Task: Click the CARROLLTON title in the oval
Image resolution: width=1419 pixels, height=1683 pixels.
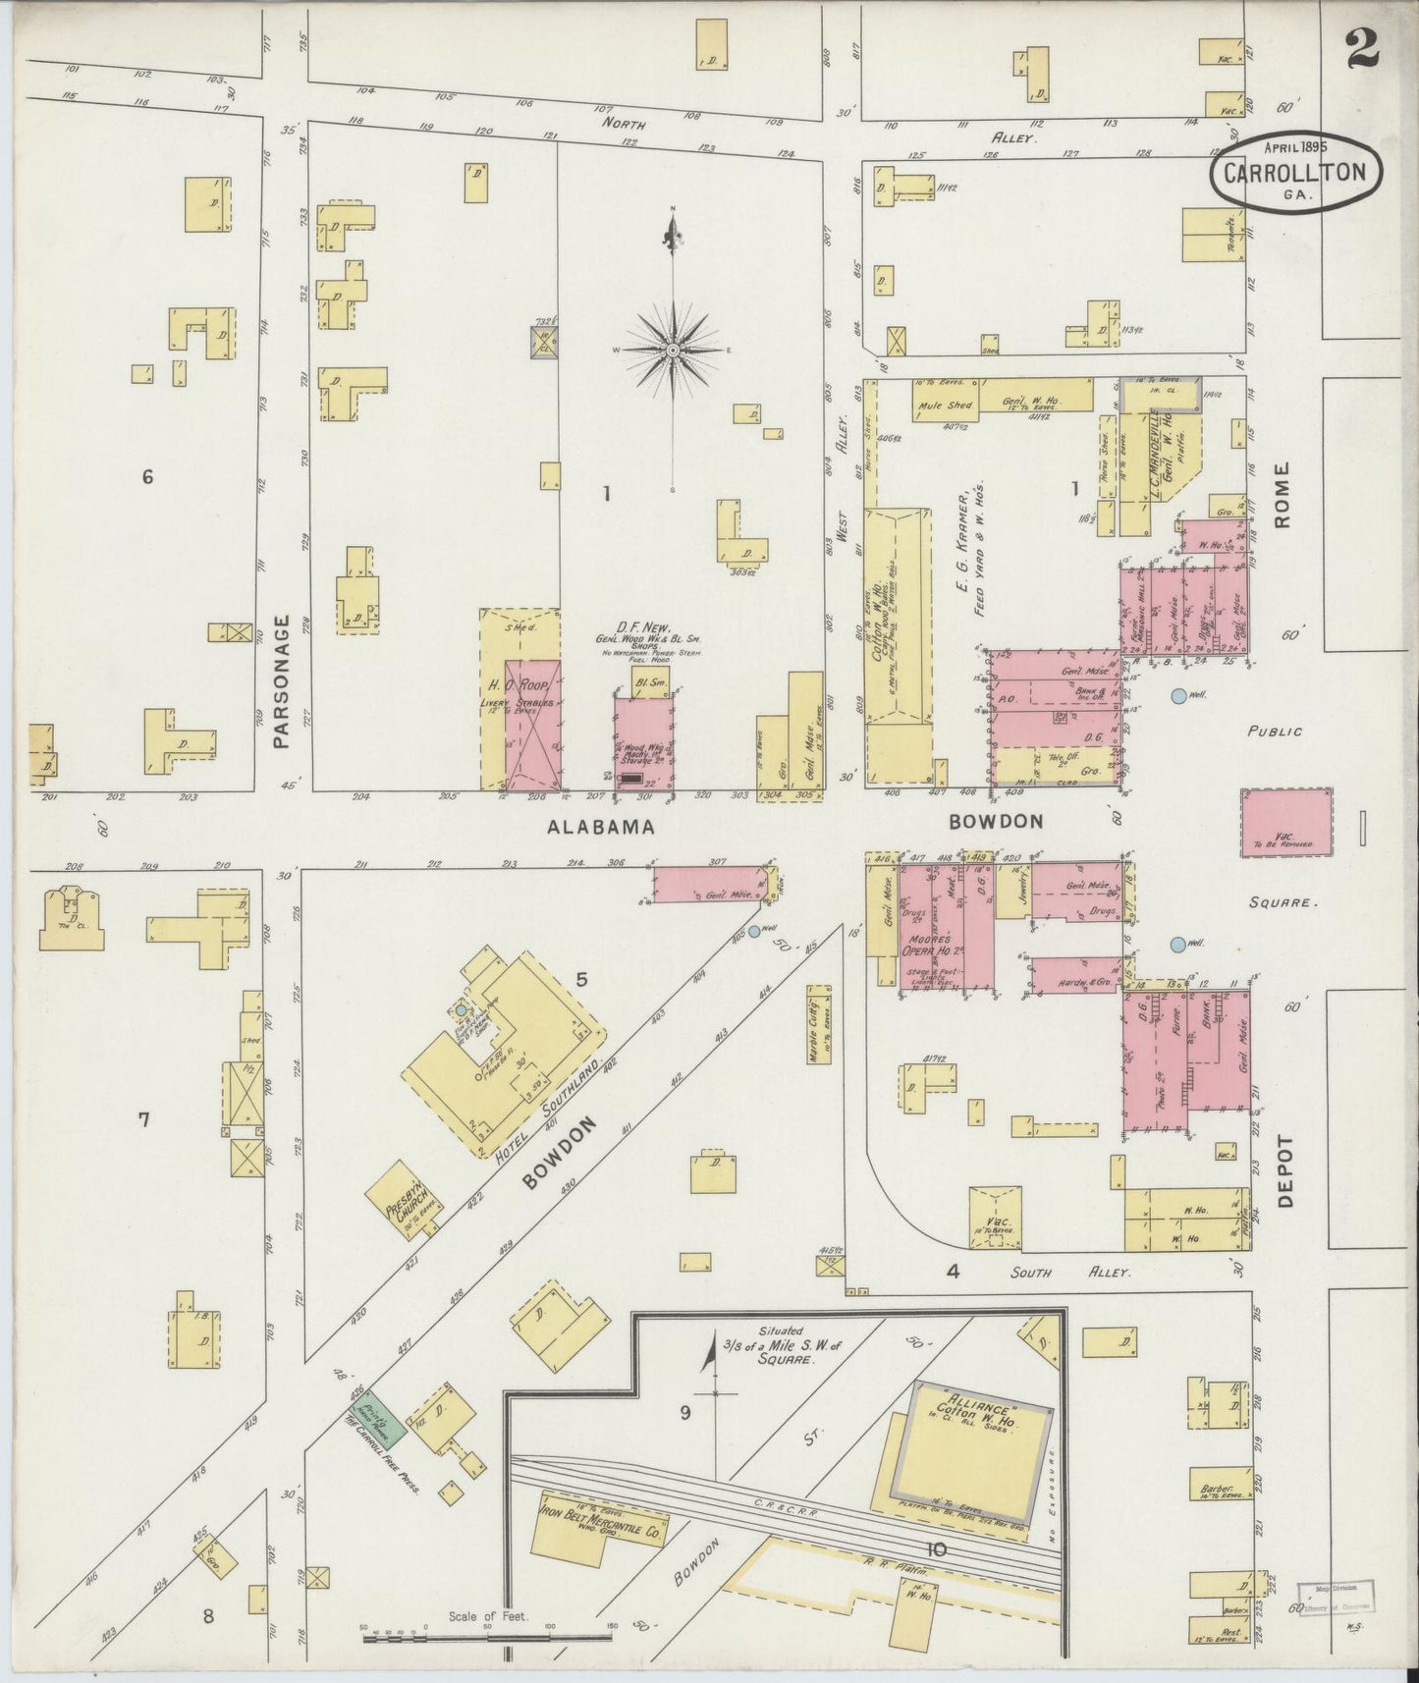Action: tap(1301, 172)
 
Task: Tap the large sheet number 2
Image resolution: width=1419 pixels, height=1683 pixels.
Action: tap(1363, 47)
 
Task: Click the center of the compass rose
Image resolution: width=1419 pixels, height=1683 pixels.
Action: tap(674, 350)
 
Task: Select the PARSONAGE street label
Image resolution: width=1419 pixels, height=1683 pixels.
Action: tap(283, 681)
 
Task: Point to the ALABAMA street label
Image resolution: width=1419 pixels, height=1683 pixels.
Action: tap(600, 828)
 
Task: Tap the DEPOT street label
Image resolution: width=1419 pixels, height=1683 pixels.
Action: tap(1288, 1171)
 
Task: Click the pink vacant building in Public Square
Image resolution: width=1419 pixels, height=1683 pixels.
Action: tap(1287, 820)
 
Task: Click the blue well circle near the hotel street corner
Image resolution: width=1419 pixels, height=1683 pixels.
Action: tap(754, 930)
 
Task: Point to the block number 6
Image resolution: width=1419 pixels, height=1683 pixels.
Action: tap(147, 477)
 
